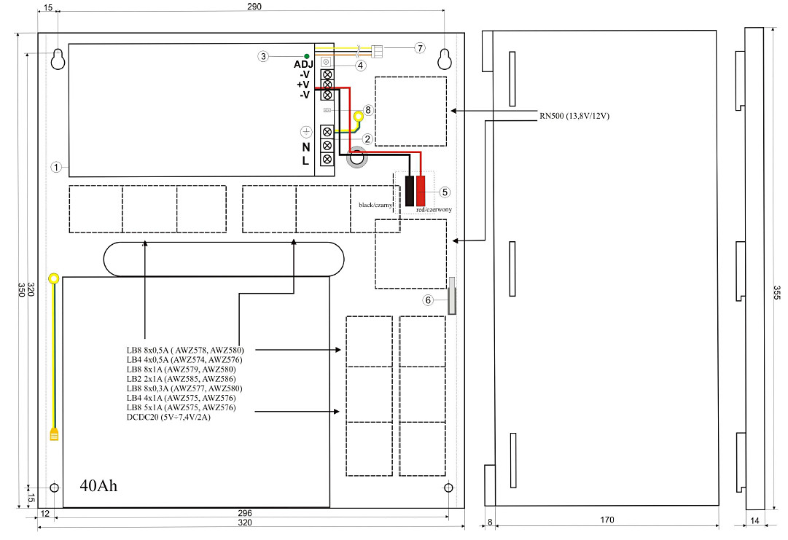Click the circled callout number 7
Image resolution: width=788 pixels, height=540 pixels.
point(419,47)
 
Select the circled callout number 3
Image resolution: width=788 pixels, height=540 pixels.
point(263,56)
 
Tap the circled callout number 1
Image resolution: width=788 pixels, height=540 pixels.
point(55,166)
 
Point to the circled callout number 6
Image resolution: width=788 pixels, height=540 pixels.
point(429,300)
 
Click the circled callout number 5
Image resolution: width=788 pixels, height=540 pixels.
point(445,192)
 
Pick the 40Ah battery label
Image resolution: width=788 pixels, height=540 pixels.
point(98,485)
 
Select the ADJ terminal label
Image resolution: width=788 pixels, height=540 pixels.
point(303,64)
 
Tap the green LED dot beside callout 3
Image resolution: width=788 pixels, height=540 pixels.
point(307,56)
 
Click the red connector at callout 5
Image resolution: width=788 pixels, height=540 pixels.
point(421,190)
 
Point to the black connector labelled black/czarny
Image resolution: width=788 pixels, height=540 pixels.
point(411,190)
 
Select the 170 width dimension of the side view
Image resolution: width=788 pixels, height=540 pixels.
point(607,520)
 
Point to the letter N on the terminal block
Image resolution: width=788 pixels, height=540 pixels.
point(306,146)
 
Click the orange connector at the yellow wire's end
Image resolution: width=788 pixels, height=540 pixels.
point(54,435)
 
